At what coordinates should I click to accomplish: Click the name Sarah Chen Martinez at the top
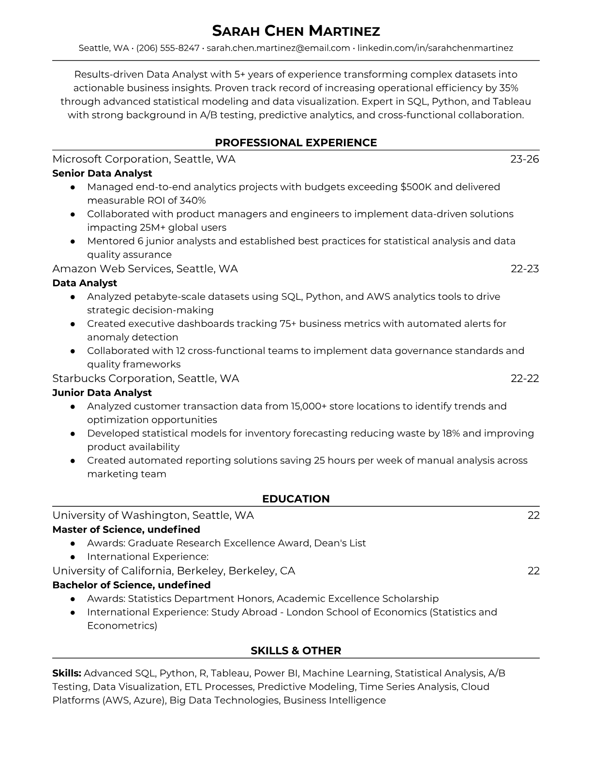(x=296, y=31)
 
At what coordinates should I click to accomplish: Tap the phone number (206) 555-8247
(x=168, y=48)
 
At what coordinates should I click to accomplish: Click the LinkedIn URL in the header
(x=435, y=48)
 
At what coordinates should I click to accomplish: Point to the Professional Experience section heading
(x=296, y=143)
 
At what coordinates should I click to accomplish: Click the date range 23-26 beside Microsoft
(x=525, y=159)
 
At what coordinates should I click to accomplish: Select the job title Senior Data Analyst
(x=102, y=173)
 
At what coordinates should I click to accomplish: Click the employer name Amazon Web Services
(x=111, y=269)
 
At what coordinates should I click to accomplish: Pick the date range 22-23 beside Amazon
(x=525, y=269)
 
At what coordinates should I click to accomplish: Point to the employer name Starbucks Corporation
(x=112, y=378)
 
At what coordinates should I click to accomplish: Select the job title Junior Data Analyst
(x=102, y=393)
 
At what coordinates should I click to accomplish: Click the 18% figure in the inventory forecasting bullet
(x=451, y=433)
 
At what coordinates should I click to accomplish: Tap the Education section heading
(x=296, y=499)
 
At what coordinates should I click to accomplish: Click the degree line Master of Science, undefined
(x=126, y=530)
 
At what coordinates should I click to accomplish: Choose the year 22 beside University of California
(x=533, y=571)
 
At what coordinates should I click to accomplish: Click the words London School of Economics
(x=356, y=612)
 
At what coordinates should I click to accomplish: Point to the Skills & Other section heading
(x=296, y=651)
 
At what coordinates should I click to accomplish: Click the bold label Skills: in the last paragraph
(x=67, y=673)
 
